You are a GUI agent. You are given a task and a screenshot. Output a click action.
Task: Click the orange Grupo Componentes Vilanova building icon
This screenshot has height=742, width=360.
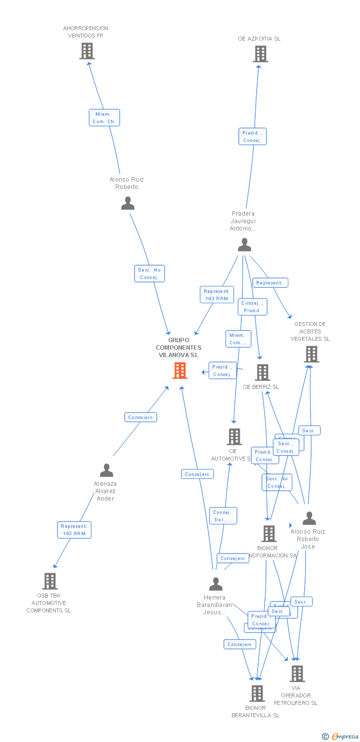(x=180, y=370)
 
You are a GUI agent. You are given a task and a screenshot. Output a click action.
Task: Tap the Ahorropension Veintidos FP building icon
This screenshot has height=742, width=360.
(x=87, y=51)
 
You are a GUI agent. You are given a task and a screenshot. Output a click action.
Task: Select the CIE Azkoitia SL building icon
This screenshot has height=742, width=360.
(x=261, y=54)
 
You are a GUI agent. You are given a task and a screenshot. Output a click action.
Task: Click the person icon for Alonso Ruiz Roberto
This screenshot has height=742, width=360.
(x=128, y=203)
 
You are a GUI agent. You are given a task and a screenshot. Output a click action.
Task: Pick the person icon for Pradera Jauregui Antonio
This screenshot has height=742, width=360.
(x=244, y=244)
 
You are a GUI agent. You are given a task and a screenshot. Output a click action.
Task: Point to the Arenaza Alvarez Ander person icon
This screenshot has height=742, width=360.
(x=106, y=470)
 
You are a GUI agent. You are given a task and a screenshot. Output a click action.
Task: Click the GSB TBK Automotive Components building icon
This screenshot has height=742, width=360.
(x=49, y=581)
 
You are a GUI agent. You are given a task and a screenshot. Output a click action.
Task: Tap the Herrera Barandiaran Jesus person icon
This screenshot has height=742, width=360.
(x=216, y=584)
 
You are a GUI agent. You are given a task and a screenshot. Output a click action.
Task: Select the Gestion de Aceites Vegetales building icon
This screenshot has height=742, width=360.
(x=312, y=354)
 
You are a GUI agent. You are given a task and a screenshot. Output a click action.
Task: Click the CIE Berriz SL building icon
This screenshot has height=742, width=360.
(x=262, y=372)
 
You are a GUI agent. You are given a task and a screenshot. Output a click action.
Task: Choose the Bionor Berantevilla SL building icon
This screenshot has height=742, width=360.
(x=257, y=694)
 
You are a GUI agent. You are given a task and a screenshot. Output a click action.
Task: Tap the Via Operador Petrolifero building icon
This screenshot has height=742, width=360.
(x=297, y=674)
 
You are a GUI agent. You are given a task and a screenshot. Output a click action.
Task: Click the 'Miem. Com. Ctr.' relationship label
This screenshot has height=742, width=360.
(x=104, y=118)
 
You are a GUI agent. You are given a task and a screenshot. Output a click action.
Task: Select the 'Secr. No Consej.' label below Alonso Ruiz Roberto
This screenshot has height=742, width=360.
(x=149, y=274)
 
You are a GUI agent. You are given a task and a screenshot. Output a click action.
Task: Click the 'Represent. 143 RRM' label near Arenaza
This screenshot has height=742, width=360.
(x=74, y=530)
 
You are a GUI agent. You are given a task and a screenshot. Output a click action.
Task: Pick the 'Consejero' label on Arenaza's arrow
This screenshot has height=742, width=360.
(x=140, y=417)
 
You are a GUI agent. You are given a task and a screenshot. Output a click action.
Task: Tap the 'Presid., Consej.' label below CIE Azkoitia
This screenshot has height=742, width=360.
(x=252, y=137)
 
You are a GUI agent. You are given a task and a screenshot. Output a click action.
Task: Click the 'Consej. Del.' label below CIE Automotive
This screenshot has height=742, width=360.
(x=223, y=516)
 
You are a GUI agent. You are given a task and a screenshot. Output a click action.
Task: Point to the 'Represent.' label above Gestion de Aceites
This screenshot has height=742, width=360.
(x=270, y=283)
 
